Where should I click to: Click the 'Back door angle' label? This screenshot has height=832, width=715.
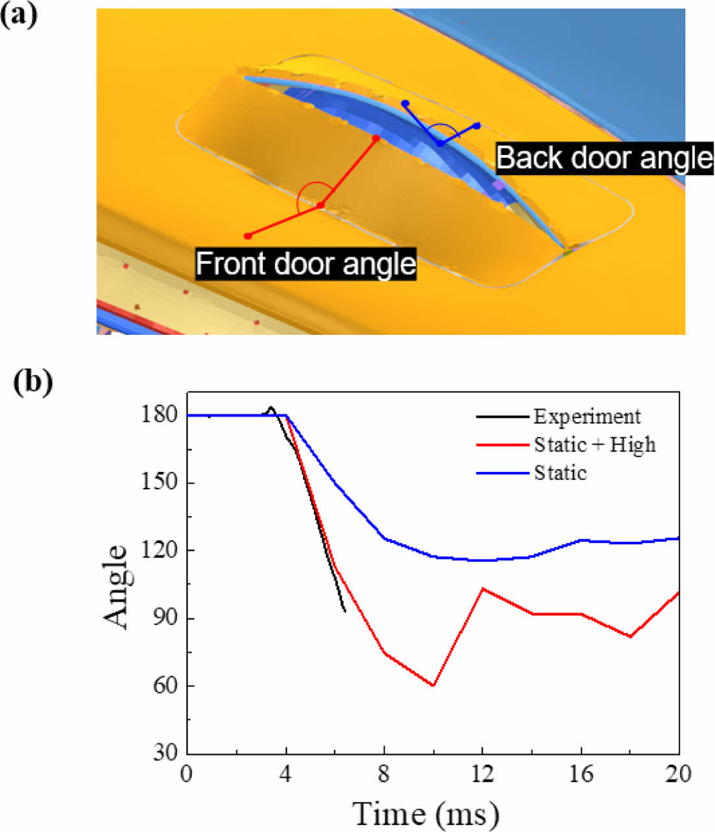[x=604, y=158]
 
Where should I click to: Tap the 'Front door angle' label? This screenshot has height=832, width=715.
[x=306, y=263]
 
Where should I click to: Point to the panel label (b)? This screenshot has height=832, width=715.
[x=32, y=382]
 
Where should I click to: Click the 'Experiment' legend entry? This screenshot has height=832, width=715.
[x=587, y=416]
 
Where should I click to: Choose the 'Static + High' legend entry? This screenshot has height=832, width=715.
[x=594, y=445]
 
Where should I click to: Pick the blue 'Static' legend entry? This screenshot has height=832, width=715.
[x=560, y=472]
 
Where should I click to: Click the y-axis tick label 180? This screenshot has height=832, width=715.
[x=159, y=415]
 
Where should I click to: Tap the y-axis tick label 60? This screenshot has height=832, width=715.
[x=164, y=686]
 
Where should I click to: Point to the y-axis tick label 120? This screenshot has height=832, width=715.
[x=159, y=550]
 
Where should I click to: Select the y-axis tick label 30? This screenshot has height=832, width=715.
[x=164, y=753]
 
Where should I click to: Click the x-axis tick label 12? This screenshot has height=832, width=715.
[x=482, y=774]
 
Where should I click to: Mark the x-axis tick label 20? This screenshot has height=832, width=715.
[x=678, y=774]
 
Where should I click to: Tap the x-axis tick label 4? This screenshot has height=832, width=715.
[x=285, y=774]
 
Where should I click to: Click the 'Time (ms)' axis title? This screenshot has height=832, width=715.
[x=426, y=813]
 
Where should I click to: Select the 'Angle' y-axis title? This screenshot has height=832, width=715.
[x=117, y=586]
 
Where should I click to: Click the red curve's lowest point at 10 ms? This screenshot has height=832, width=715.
[x=433, y=685]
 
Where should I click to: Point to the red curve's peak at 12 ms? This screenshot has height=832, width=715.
[x=482, y=589]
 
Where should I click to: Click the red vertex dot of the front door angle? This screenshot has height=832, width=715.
[x=321, y=205]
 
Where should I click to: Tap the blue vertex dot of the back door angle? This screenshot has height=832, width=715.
[x=440, y=143]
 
